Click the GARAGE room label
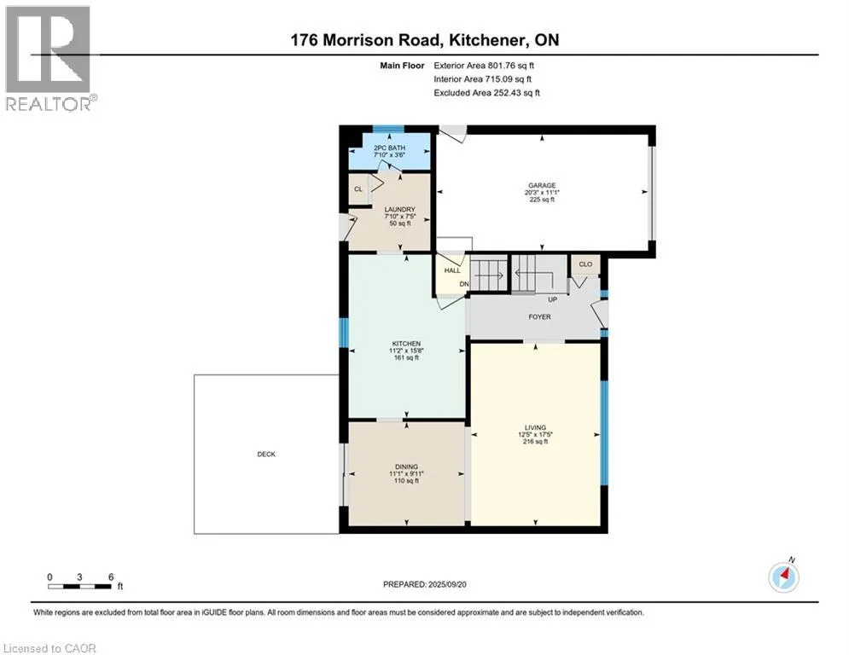tap(542, 186)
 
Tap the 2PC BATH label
tap(390, 148)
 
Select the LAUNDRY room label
tap(400, 210)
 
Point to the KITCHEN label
tap(407, 344)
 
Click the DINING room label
tap(407, 467)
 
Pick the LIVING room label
tap(536, 427)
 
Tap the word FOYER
tap(540, 316)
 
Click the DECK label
tap(266, 455)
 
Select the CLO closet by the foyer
tap(586, 264)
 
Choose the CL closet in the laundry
tap(358, 189)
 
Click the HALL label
tap(452, 270)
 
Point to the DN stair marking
tap(464, 284)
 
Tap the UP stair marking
tap(553, 299)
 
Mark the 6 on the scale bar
tap(111, 577)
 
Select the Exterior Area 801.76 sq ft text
tap(484, 66)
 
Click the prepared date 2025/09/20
tap(447, 584)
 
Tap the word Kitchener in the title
tap(487, 40)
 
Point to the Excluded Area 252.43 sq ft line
tap(486, 93)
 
